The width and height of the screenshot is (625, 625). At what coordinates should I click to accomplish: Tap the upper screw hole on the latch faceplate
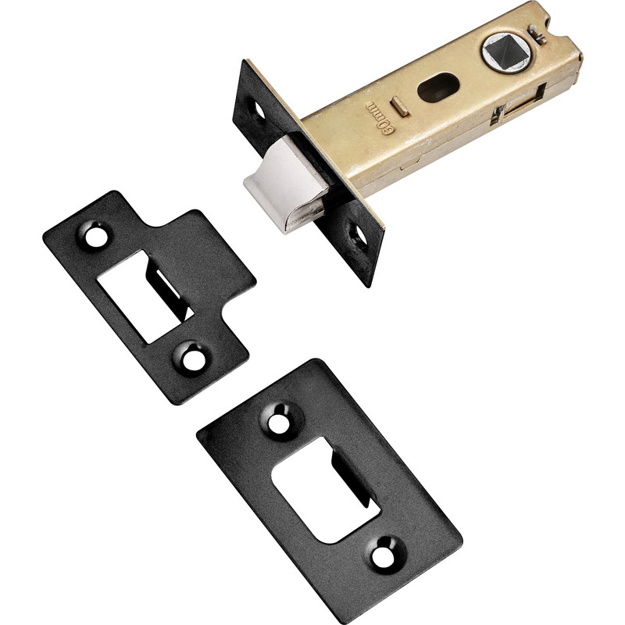pos(255,105)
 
